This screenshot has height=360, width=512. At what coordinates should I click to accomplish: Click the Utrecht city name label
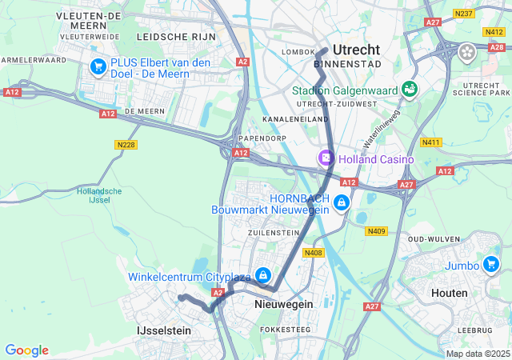(356, 50)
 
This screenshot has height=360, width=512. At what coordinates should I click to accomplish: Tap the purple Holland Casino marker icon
(326, 158)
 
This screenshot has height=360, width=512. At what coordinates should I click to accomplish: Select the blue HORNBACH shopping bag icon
(342, 202)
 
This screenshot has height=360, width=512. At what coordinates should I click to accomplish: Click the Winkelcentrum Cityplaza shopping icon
(262, 276)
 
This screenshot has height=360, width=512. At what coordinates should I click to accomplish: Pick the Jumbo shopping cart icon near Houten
(491, 263)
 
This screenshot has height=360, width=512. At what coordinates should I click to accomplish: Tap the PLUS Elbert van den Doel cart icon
(99, 66)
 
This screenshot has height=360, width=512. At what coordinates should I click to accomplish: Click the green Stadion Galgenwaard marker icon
(410, 89)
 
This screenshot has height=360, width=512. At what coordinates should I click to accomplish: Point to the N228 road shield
(126, 145)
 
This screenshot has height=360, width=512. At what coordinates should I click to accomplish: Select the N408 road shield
(313, 253)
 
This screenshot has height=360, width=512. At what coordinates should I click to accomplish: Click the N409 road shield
(377, 231)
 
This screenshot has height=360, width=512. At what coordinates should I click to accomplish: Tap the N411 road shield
(431, 142)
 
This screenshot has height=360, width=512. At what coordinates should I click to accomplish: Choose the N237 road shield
(462, 14)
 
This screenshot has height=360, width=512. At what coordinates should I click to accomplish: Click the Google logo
(26, 350)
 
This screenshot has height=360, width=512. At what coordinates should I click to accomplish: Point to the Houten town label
(449, 294)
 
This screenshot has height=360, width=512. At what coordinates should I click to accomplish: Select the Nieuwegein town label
(282, 305)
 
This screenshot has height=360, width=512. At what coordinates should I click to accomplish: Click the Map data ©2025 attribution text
(476, 354)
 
